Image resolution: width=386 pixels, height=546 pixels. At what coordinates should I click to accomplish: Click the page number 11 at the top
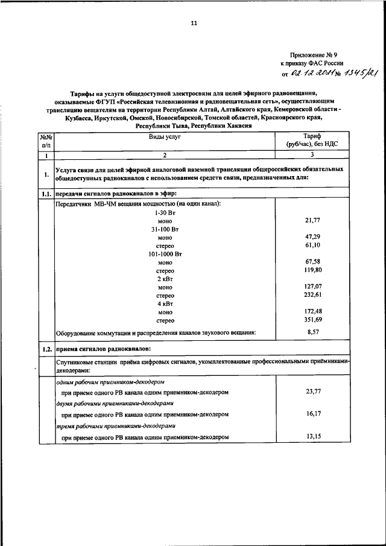pos(194,23)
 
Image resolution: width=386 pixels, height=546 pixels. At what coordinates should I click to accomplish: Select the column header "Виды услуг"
pos(165,138)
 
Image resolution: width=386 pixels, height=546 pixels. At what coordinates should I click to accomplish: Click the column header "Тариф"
pos(312,138)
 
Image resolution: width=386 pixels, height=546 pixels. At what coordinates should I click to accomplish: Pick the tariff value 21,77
pos(312,221)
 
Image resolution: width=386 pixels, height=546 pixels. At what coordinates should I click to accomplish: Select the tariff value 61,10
pos(312,246)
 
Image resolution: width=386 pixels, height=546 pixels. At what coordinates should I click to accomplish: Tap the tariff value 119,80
pos(312,271)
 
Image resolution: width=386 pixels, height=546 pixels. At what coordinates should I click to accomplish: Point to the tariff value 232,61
pos(312,296)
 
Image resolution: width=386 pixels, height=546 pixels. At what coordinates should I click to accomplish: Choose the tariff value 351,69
pos(312,320)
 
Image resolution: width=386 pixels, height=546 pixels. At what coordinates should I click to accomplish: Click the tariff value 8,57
pos(312,332)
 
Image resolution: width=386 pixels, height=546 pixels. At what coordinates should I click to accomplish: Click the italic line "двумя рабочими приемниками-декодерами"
pos(115,403)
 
